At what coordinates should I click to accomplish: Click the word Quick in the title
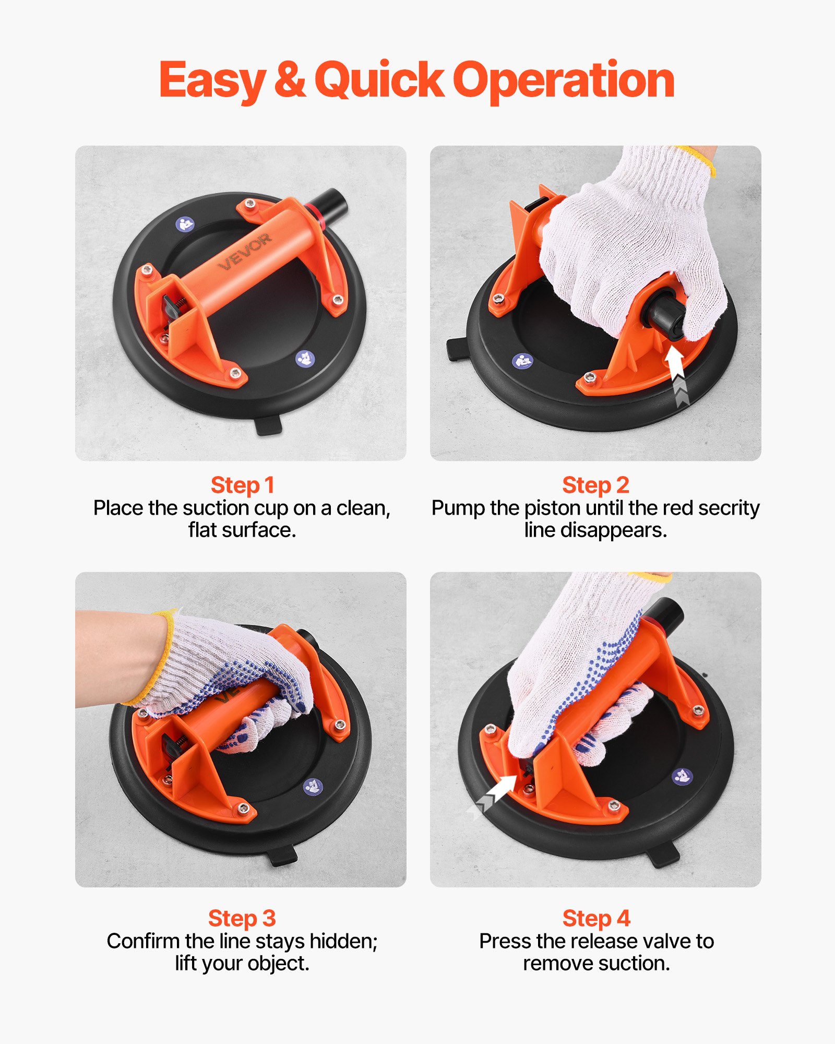point(379,81)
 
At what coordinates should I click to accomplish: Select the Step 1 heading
point(242,485)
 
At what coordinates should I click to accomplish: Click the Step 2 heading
point(595,485)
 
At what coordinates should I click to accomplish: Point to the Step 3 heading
point(242,918)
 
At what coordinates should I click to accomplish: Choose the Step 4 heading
point(596,918)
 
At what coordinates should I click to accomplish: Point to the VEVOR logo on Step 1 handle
point(245,252)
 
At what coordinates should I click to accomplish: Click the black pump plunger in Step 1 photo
point(331,203)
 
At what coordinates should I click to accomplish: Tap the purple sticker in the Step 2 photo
point(522,361)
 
